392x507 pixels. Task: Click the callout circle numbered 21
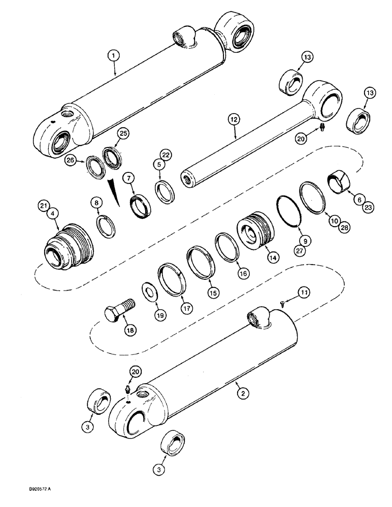click(x=43, y=205)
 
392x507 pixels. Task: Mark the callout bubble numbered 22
click(x=165, y=154)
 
